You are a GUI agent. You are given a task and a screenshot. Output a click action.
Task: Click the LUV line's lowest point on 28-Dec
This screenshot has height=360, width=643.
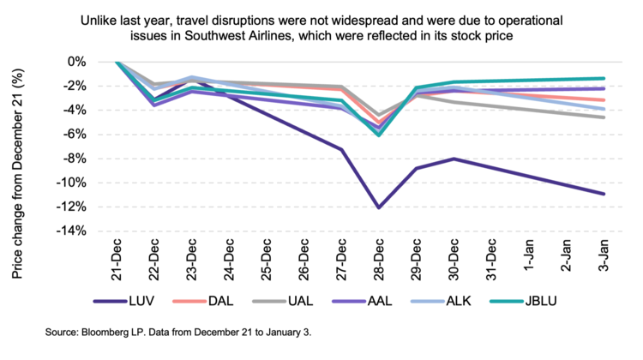(379, 207)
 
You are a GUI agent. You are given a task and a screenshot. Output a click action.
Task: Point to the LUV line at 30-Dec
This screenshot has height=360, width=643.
(454, 159)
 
